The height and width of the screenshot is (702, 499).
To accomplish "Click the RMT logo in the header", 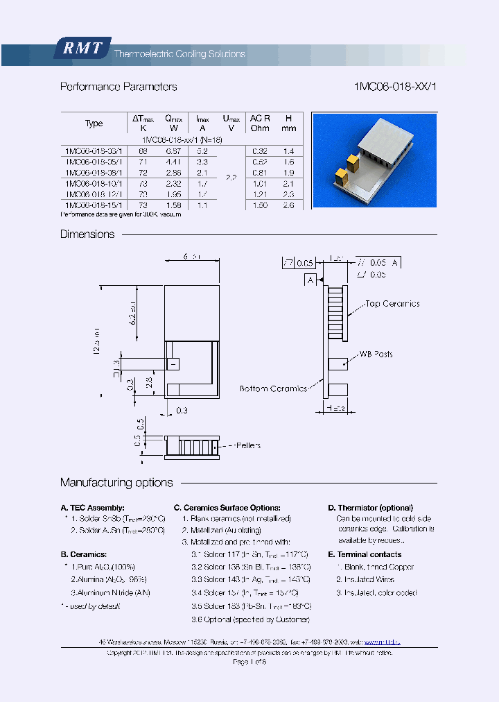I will coord(82,49).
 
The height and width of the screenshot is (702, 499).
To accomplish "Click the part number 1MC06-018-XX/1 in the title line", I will coord(395,87).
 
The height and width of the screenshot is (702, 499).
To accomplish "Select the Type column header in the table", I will coord(94,123).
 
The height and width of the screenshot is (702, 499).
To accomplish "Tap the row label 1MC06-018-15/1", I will coord(94,205).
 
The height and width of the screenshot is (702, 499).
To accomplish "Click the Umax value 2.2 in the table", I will coord(231,178).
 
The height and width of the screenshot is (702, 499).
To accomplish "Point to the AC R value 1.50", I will coord(260,205).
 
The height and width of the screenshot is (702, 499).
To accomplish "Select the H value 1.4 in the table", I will coord(289,151).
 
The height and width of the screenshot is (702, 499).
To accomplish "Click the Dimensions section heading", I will coord(87,234).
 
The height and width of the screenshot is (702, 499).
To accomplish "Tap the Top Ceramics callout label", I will coord(392,303).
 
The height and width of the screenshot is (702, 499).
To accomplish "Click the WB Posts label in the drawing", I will coord(376,354).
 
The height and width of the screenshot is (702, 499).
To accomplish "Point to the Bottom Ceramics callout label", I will coord(273,388).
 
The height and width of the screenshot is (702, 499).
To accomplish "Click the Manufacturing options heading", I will coord(116,483).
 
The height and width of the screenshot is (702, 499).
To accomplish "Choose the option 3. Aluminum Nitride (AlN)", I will coord(110,592).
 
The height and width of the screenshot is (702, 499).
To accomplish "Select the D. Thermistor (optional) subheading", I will coord(370,508).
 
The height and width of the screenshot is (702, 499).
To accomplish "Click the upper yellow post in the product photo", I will coord(354,160).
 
